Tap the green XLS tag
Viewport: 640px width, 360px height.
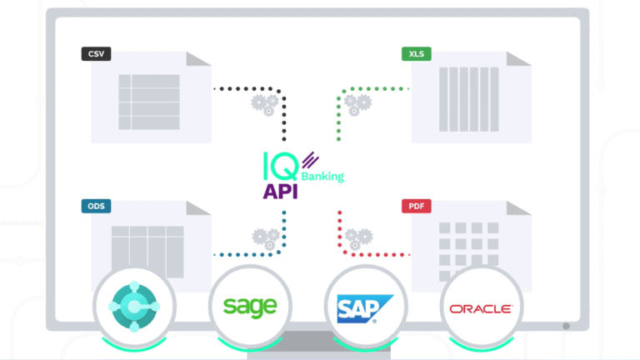pyautogui.click(x=415, y=54)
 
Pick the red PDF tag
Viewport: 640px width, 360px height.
pyautogui.click(x=415, y=206)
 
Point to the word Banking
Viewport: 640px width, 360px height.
pyautogui.click(x=322, y=176)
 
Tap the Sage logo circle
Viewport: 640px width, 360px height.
pyautogui.click(x=248, y=307)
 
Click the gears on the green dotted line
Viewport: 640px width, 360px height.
pyautogui.click(x=358, y=104)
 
